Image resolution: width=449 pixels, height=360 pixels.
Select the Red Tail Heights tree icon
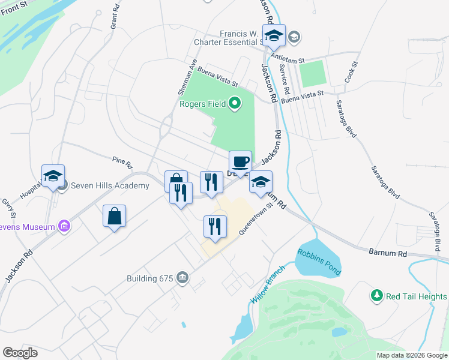point(376,296)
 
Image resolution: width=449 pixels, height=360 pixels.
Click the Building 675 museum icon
point(182,278)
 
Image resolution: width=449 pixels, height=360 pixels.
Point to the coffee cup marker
point(240,162)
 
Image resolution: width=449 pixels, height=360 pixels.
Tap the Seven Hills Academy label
point(110,185)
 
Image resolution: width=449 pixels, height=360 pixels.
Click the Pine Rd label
point(122,160)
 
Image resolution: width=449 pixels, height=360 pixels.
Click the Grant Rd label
point(112,18)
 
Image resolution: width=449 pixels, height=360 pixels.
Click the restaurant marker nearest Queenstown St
point(215,226)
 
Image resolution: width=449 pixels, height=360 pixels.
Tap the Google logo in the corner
point(20,353)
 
